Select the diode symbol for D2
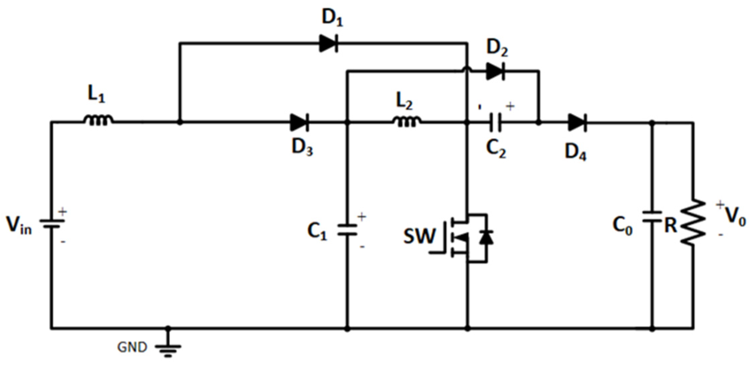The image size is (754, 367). click(x=495, y=71)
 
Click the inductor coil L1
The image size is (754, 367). click(x=98, y=120)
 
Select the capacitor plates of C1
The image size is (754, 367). click(x=347, y=230)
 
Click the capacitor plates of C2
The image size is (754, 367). click(x=495, y=123)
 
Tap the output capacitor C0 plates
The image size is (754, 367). click(x=652, y=217)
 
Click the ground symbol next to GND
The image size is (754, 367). click(x=168, y=349)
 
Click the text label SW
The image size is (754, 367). click(x=420, y=236)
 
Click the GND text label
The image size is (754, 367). click(x=132, y=347)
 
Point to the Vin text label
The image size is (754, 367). click(x=19, y=225)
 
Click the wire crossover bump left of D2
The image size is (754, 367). click(x=467, y=69)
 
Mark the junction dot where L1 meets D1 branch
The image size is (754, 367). click(x=180, y=123)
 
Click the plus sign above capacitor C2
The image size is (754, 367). click(x=510, y=107)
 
